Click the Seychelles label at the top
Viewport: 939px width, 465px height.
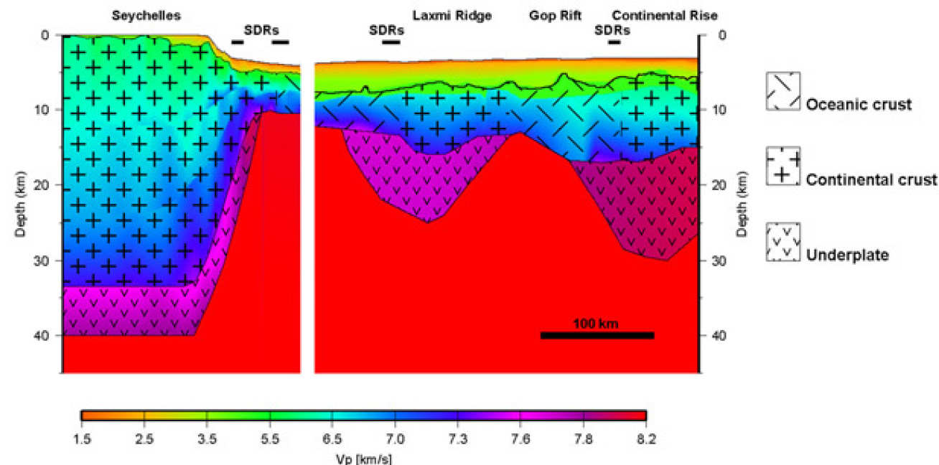pyautogui.click(x=146, y=15)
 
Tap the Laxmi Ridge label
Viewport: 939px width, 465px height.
pyautogui.click(x=452, y=15)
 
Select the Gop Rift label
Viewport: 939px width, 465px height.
pyautogui.click(x=555, y=15)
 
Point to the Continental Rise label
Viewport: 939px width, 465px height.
pyautogui.click(x=665, y=15)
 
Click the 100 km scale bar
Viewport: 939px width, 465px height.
pyautogui.click(x=597, y=335)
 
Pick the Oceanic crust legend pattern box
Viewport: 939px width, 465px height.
pyautogui.click(x=783, y=91)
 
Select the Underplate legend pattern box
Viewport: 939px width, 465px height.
pyautogui.click(x=783, y=242)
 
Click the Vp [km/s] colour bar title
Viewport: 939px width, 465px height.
pyautogui.click(x=364, y=457)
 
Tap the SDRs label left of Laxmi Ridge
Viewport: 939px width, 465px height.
pyautogui.click(x=386, y=30)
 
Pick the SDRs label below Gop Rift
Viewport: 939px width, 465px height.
pyautogui.click(x=612, y=30)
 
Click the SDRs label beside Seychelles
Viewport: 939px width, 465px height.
pyautogui.click(x=261, y=30)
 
